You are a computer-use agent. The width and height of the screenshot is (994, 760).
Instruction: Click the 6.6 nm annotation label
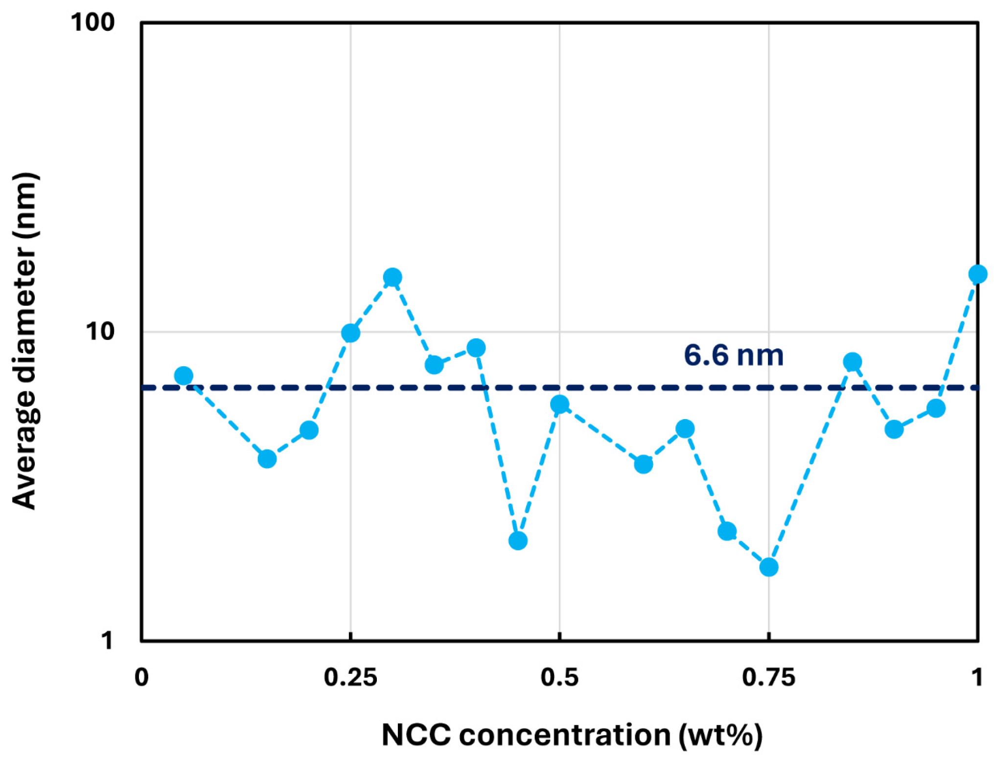click(x=733, y=356)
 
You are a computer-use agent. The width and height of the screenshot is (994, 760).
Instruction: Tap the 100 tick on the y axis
click(x=92, y=22)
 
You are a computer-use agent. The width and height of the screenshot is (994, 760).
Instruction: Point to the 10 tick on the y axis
click(x=100, y=332)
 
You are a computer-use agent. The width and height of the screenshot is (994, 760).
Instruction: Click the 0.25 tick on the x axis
click(x=350, y=678)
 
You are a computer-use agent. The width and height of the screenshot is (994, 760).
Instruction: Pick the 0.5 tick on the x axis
click(x=559, y=678)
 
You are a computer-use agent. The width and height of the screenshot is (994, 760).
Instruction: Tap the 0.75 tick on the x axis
click(x=768, y=678)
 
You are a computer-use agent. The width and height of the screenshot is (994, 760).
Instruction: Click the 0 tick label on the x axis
click(x=141, y=678)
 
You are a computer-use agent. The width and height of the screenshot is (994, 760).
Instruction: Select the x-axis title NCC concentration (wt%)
click(x=572, y=735)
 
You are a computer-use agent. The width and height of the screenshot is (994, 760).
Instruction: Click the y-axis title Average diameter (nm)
click(x=24, y=341)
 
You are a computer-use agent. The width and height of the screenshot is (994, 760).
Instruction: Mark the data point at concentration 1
click(x=977, y=274)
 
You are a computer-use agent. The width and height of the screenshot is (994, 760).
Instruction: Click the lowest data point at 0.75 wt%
click(x=768, y=567)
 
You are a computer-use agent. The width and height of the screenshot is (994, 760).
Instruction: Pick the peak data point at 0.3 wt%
click(x=392, y=277)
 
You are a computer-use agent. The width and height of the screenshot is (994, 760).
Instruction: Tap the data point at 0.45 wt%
click(x=518, y=540)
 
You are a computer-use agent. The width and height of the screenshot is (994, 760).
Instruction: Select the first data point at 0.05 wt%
click(x=184, y=376)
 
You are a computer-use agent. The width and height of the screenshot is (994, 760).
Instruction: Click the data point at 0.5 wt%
click(x=559, y=404)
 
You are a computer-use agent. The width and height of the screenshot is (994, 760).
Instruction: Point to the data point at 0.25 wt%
click(x=350, y=333)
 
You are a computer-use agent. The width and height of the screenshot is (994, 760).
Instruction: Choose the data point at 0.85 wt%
click(x=852, y=362)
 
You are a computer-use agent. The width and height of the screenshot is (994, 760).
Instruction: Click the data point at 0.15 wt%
click(x=267, y=459)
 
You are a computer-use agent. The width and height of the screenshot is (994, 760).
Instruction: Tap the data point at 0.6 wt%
click(x=643, y=464)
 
